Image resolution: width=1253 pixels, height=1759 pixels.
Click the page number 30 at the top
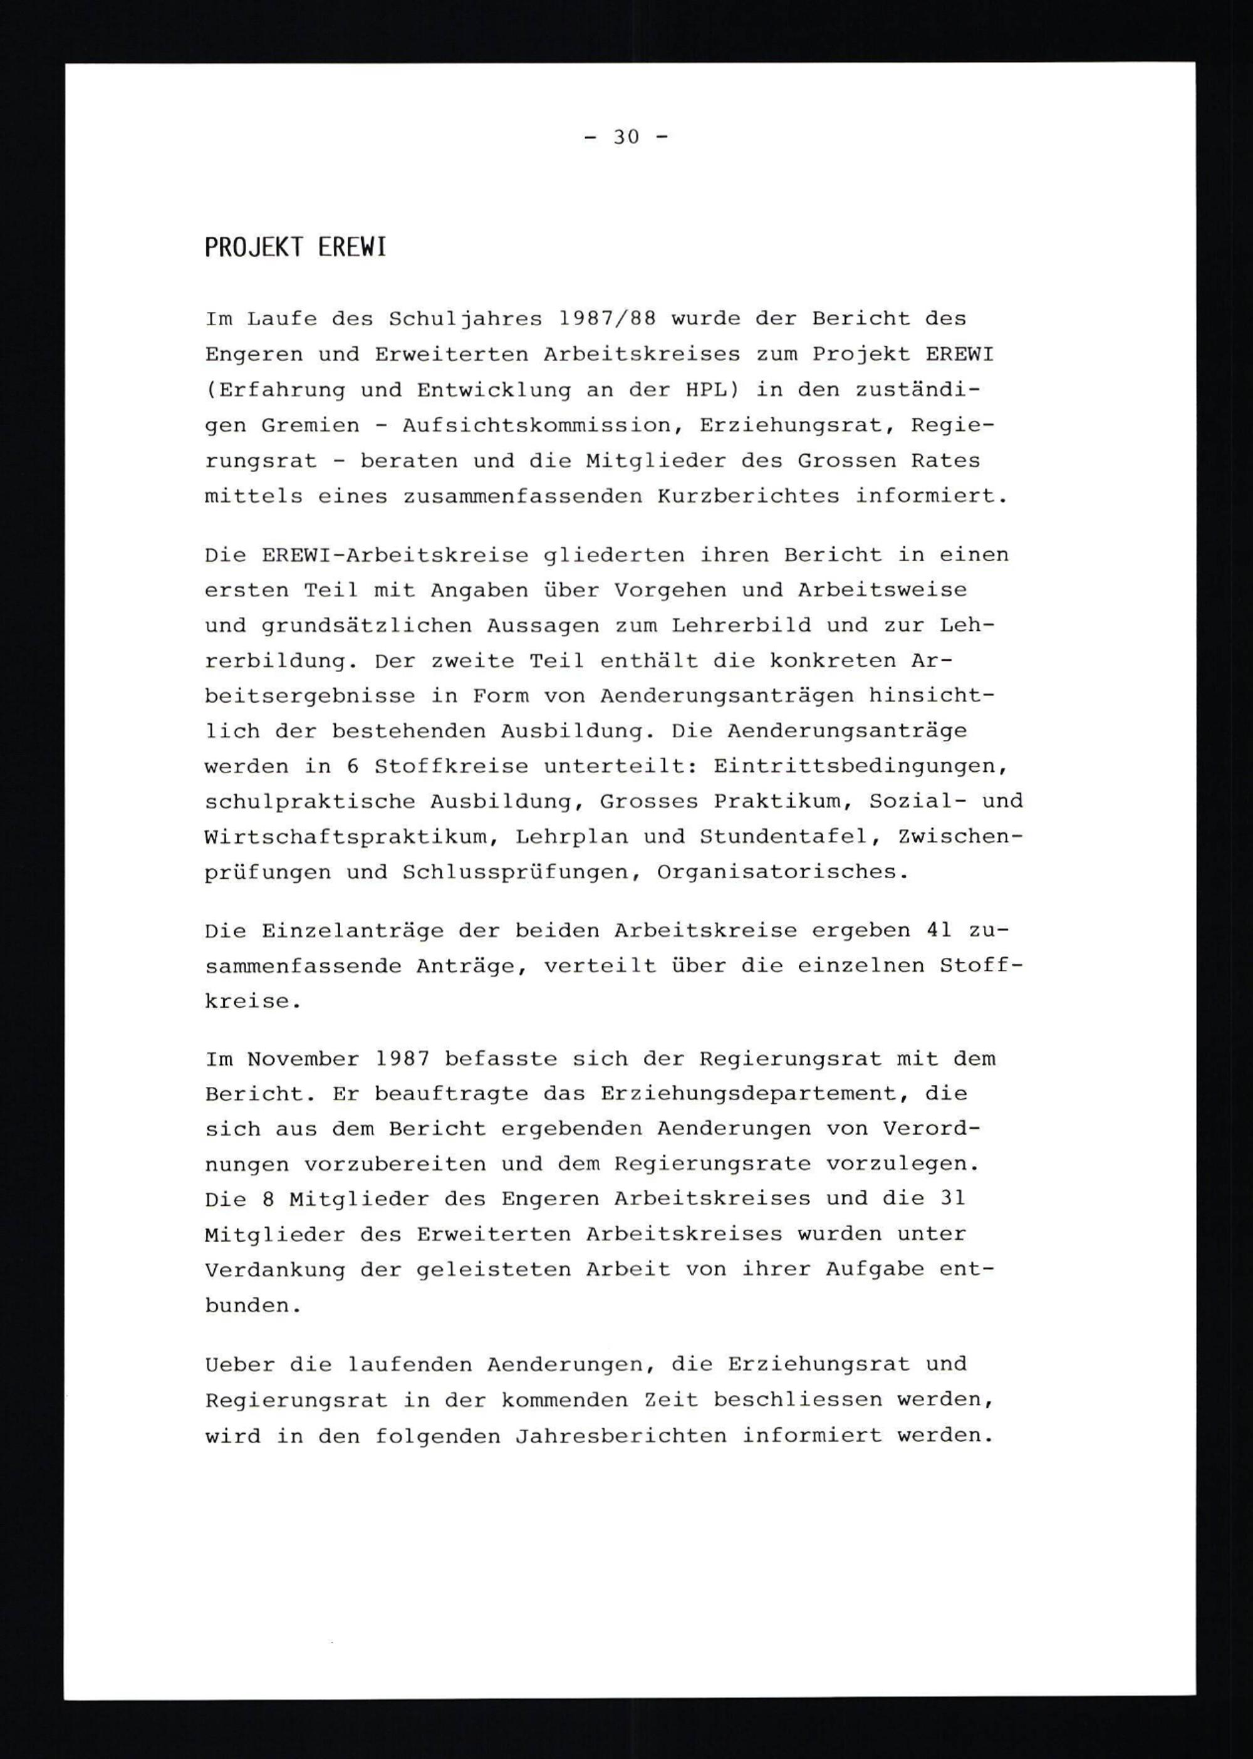(x=626, y=137)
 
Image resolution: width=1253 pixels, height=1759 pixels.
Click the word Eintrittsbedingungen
(x=860, y=766)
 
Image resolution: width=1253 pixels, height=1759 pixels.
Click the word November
(x=303, y=1059)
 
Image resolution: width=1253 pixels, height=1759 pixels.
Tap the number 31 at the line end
(x=952, y=1198)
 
